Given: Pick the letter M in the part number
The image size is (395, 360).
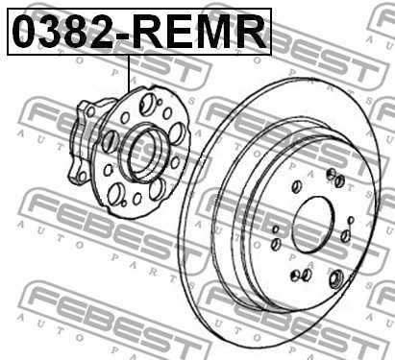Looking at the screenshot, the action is (x=217, y=33).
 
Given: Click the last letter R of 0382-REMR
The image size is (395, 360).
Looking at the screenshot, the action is (x=252, y=33).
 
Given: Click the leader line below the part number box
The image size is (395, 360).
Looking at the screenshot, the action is (x=129, y=74).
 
